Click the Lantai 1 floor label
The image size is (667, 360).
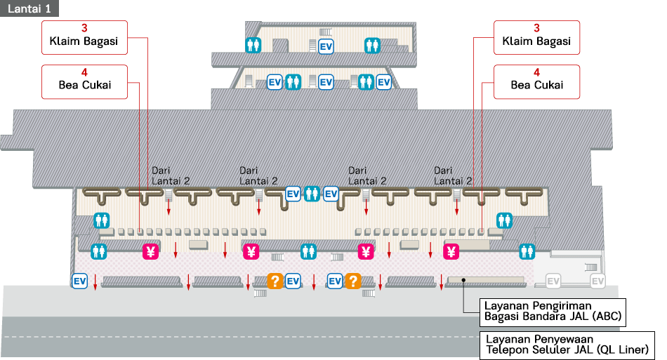point(29,8)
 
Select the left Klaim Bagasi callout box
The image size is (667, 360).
point(85,37)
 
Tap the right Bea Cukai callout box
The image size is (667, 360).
point(537,81)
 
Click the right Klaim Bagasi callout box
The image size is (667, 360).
point(537,37)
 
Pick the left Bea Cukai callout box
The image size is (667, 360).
point(85,81)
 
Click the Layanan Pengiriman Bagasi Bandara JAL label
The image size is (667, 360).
point(553,312)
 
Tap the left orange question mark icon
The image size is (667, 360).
point(275,281)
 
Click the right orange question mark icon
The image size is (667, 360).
point(352,281)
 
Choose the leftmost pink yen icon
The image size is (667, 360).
point(150,252)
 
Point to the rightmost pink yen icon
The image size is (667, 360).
point(451,252)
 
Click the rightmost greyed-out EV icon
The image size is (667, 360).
point(597,281)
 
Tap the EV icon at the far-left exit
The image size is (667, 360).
point(79,281)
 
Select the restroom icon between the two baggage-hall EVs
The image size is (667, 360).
point(312,194)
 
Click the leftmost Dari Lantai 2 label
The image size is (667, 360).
point(170,175)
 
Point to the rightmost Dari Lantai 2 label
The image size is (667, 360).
point(453,175)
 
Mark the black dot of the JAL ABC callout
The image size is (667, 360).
point(463,280)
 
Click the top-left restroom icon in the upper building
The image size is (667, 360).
point(253,45)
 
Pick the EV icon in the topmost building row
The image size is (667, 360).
point(326,46)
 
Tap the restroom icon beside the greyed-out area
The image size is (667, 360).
point(527,252)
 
